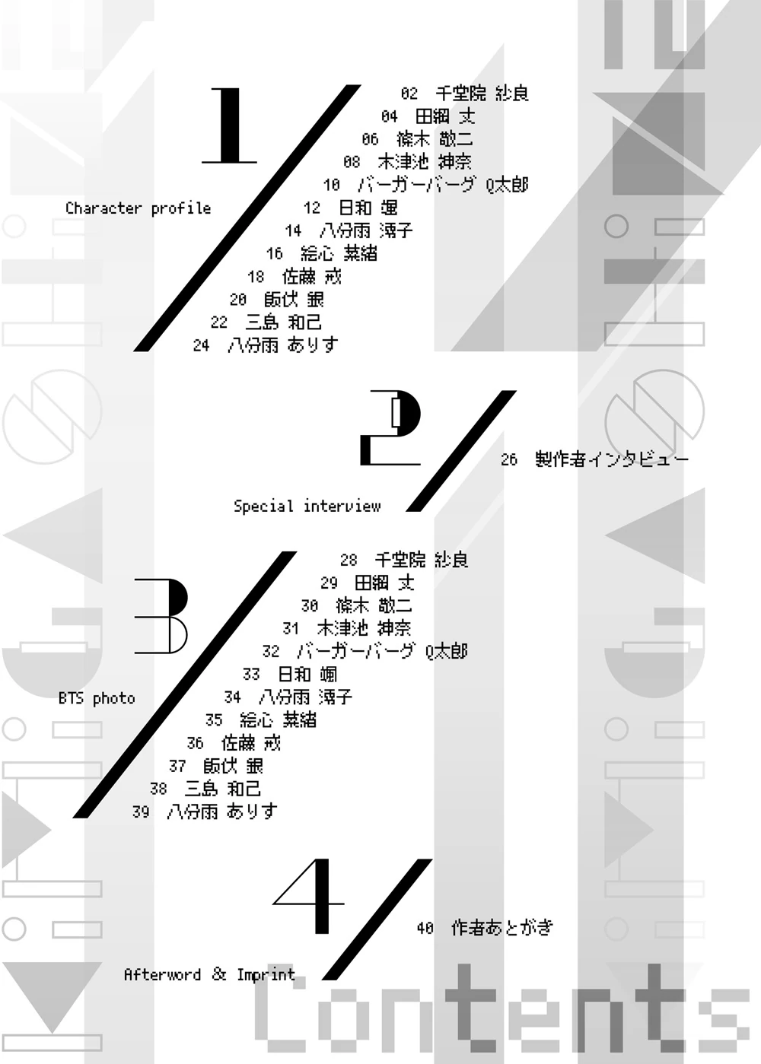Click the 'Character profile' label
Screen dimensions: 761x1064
coord(138,208)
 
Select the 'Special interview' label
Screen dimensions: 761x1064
coord(307,507)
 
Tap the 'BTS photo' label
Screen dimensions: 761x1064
coord(97,698)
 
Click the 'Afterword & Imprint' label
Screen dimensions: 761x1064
coord(209,975)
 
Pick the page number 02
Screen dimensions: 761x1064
coord(409,94)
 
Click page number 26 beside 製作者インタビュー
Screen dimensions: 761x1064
coord(509,459)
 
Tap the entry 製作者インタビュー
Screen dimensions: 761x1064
coord(612,459)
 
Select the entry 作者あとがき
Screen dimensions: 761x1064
coord(502,928)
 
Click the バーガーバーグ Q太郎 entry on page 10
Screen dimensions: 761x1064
coord(443,185)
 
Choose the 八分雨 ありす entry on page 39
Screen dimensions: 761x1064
coord(222,811)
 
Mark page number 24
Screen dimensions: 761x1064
coord(201,345)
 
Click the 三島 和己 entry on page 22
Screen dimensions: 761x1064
coord(283,322)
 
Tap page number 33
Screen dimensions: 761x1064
coord(251,675)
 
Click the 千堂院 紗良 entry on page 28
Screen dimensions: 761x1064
coord(421,561)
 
